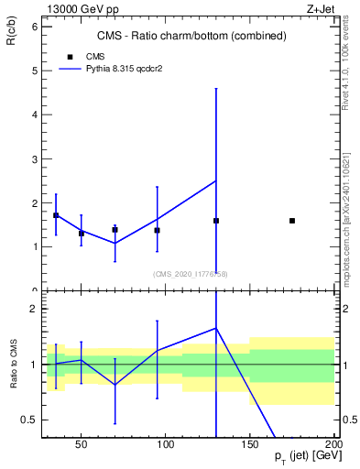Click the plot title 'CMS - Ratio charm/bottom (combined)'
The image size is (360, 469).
(x=191, y=36)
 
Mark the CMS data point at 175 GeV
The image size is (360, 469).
(x=292, y=221)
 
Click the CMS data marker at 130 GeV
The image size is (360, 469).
(x=216, y=221)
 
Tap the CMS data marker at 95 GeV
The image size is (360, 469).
(x=158, y=230)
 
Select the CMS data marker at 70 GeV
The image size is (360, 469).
(x=115, y=230)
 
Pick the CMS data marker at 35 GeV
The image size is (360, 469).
(x=56, y=215)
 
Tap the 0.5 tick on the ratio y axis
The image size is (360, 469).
(x=29, y=420)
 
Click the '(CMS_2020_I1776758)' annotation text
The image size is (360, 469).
(x=191, y=273)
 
